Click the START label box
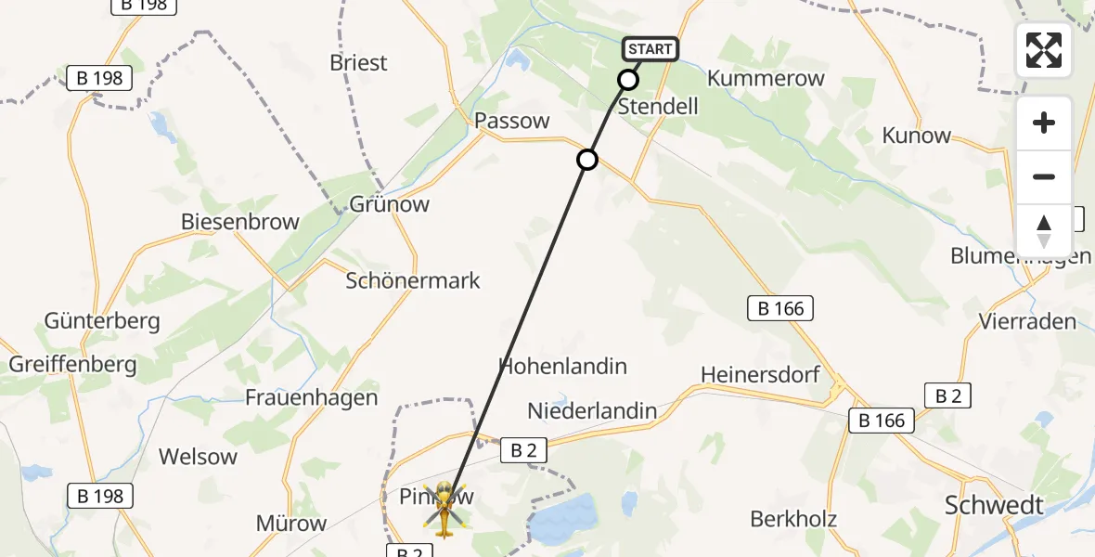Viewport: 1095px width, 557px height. tap(651, 49)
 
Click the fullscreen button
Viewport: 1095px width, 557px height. tap(1044, 50)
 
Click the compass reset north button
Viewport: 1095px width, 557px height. tap(1044, 231)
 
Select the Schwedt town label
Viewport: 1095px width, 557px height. tap(994, 506)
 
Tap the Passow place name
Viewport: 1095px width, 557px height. tap(511, 121)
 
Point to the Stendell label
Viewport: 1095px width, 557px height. tap(658, 106)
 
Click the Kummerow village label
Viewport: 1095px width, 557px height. tap(766, 78)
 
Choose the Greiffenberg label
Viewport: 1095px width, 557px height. tap(72, 364)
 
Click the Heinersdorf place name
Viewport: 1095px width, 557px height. tap(760, 374)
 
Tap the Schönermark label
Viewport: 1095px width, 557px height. tap(413, 280)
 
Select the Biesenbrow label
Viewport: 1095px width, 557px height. tap(240, 222)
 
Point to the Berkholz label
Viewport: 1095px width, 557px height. tap(793, 519)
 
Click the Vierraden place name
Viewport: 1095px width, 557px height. tap(1027, 322)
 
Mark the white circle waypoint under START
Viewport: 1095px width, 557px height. tap(628, 80)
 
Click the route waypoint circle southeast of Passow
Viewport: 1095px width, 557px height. tap(587, 160)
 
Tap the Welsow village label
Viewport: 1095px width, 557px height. tap(198, 457)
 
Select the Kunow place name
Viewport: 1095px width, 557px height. tap(916, 136)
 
